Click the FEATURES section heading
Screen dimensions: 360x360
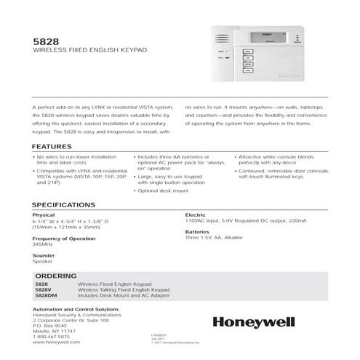click(x=52, y=147)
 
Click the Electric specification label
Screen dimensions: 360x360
click(x=196, y=215)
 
